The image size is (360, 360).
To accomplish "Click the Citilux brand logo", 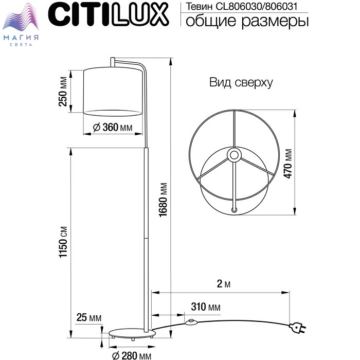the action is (109, 15).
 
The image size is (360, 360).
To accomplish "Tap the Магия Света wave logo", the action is (21, 25).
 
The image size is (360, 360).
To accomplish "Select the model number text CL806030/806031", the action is (257, 6).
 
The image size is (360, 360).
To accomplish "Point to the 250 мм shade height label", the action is (63, 92).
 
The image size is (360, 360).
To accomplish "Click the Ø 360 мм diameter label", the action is (113, 127).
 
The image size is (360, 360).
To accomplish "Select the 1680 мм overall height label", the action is (163, 200).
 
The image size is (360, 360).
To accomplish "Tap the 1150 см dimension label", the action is (63, 242).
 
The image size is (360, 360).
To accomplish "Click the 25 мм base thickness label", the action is (89, 317).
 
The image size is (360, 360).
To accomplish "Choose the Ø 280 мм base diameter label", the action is (132, 355).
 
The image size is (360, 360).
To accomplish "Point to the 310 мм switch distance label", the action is (206, 307).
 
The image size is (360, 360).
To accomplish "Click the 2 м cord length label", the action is (224, 284).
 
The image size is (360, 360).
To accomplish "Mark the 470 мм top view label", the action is (288, 164).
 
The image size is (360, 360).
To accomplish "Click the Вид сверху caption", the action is (241, 83).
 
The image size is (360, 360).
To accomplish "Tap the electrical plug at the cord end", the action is (298, 328).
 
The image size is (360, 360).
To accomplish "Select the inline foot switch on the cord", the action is (191, 322).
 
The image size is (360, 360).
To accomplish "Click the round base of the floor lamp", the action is (132, 334).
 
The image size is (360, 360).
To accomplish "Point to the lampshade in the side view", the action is (113, 92).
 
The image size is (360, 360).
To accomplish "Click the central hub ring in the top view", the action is (234, 155).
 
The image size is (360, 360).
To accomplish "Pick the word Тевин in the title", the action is (199, 7).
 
